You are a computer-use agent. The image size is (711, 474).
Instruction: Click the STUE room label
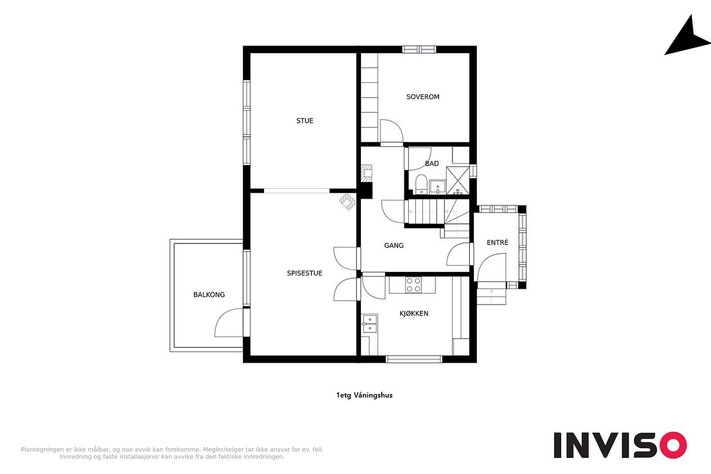(x=305, y=120)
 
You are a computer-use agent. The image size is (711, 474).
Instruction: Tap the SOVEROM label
(x=423, y=97)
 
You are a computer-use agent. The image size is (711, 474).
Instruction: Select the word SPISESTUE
(x=304, y=273)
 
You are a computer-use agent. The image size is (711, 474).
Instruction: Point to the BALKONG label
(x=209, y=295)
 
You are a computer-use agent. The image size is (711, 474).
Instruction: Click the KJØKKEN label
(x=414, y=314)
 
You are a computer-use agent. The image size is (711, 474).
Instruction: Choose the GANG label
(x=394, y=245)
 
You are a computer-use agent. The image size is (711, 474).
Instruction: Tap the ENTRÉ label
(x=497, y=243)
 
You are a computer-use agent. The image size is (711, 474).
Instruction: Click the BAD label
(x=431, y=163)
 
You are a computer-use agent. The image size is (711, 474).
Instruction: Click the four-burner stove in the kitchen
(x=413, y=285)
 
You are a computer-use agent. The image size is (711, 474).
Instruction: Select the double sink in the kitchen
(x=370, y=323)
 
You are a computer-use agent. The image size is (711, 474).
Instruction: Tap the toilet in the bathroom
(x=421, y=184)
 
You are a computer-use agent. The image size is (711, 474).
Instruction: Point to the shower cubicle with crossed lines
(x=458, y=180)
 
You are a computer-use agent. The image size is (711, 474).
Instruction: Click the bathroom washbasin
(x=438, y=187)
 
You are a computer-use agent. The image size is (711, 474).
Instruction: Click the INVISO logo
(x=620, y=445)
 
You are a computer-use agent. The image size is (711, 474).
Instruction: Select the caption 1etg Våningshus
(x=364, y=395)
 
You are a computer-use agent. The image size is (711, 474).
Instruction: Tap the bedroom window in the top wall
(x=419, y=49)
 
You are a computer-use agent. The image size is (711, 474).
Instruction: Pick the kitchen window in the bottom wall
(x=414, y=359)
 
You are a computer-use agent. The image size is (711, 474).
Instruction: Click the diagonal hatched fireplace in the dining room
(x=348, y=202)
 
